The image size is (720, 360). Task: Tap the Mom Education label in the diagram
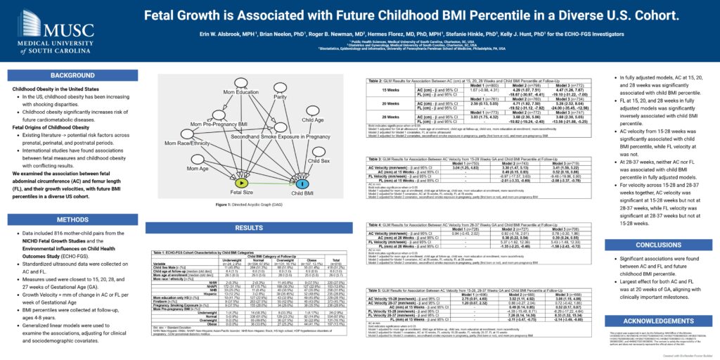[x=240, y=92]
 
